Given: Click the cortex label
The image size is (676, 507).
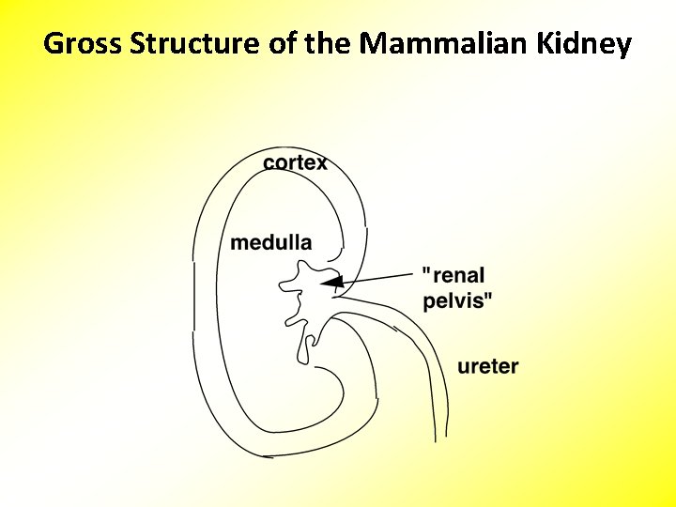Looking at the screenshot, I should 296,162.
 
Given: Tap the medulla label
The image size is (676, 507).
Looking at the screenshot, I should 271,242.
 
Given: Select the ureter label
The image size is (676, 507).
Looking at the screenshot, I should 488,366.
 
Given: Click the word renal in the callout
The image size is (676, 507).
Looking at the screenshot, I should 458,276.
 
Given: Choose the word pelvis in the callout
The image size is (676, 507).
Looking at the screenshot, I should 454,300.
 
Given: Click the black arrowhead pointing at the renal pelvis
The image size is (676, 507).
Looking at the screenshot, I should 332,282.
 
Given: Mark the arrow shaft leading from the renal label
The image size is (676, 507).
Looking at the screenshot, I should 380,277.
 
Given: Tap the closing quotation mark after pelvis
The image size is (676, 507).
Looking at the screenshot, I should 489,296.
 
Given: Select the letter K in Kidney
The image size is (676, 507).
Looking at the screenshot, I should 552,43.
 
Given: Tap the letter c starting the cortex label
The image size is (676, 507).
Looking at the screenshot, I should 269,163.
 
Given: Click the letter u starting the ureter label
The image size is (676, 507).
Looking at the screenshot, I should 464,367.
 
